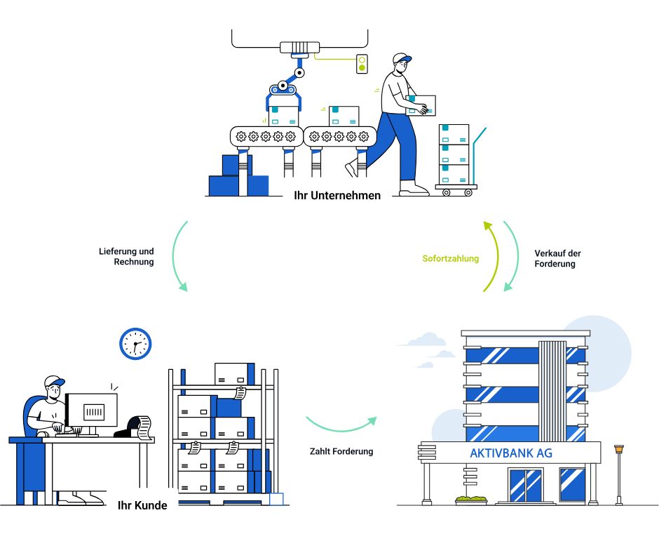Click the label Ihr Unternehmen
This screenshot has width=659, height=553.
coord(337,195)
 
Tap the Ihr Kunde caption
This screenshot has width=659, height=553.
coord(142,504)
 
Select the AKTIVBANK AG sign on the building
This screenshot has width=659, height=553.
coord(510,453)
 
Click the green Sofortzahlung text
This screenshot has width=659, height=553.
coord(450,258)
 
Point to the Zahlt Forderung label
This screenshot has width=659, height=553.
coord(341,451)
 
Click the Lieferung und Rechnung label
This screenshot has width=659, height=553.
coord(127,256)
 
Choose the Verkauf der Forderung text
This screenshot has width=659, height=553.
coord(557,258)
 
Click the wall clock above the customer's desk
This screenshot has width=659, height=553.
coord(135,344)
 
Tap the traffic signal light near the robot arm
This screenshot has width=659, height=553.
coord(362,64)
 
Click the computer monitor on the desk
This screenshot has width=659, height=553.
coord(93,411)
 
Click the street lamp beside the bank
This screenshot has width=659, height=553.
coord(618,472)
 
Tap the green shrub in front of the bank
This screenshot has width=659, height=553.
coord(471,500)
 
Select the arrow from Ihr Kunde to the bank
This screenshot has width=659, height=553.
coord(341,425)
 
